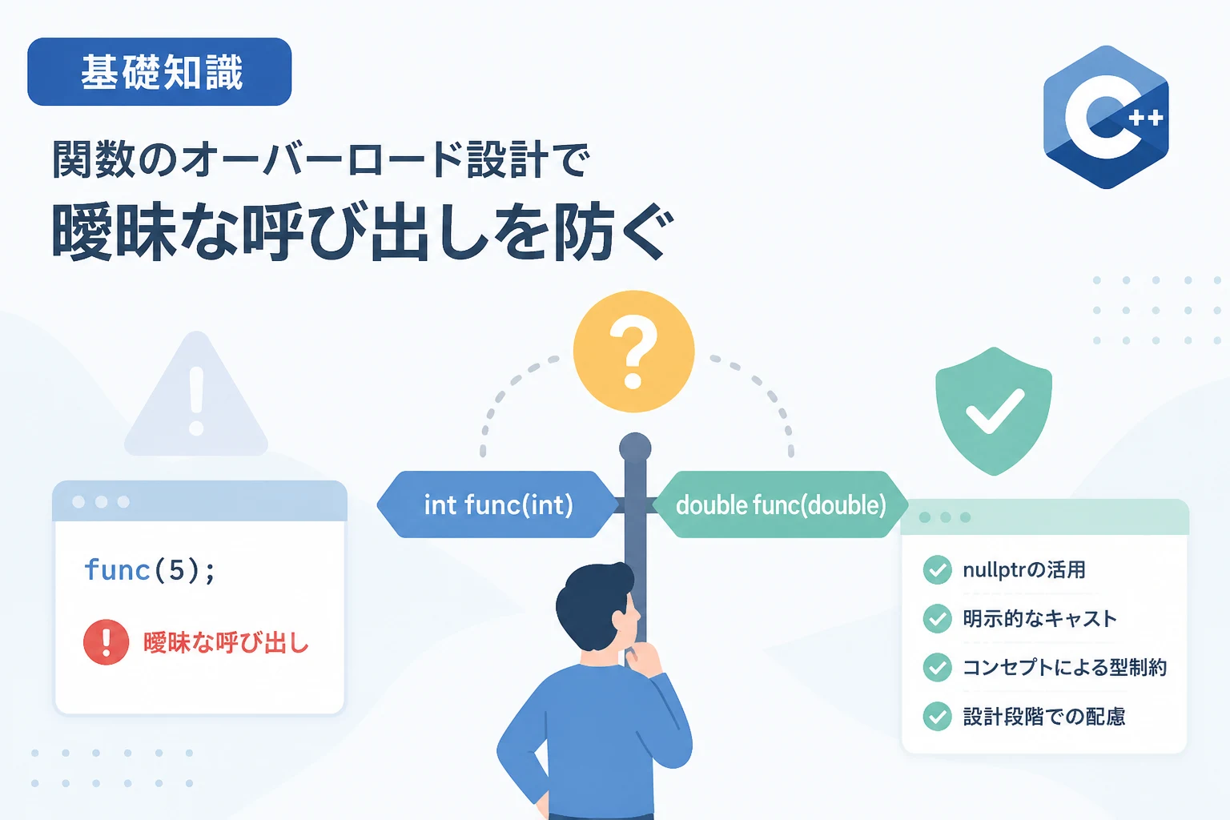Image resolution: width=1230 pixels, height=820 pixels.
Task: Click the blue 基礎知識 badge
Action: [x=159, y=71]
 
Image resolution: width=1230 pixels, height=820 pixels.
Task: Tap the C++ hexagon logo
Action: [x=1106, y=117]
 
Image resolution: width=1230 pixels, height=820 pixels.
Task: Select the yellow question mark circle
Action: [x=633, y=352]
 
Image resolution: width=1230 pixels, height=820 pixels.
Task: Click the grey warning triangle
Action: [x=196, y=393]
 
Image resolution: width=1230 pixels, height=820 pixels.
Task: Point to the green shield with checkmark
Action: [x=994, y=411]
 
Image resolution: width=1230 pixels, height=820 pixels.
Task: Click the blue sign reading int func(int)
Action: [x=497, y=504]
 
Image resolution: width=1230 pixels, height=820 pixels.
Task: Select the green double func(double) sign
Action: [x=780, y=504]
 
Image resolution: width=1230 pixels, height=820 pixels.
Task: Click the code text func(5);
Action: [x=150, y=570]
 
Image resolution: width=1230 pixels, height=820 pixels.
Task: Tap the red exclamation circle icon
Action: [x=106, y=642]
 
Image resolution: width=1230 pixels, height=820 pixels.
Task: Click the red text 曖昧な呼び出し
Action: [x=227, y=642]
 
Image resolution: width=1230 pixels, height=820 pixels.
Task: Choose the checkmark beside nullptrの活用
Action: [x=938, y=569]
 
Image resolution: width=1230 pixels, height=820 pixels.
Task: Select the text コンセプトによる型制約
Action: [x=1065, y=667]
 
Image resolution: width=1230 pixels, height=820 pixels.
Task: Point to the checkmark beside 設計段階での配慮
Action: [x=938, y=716]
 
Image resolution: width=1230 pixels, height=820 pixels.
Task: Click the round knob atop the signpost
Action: [x=635, y=448]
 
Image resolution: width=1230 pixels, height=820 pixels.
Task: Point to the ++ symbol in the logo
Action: [x=1146, y=118]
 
